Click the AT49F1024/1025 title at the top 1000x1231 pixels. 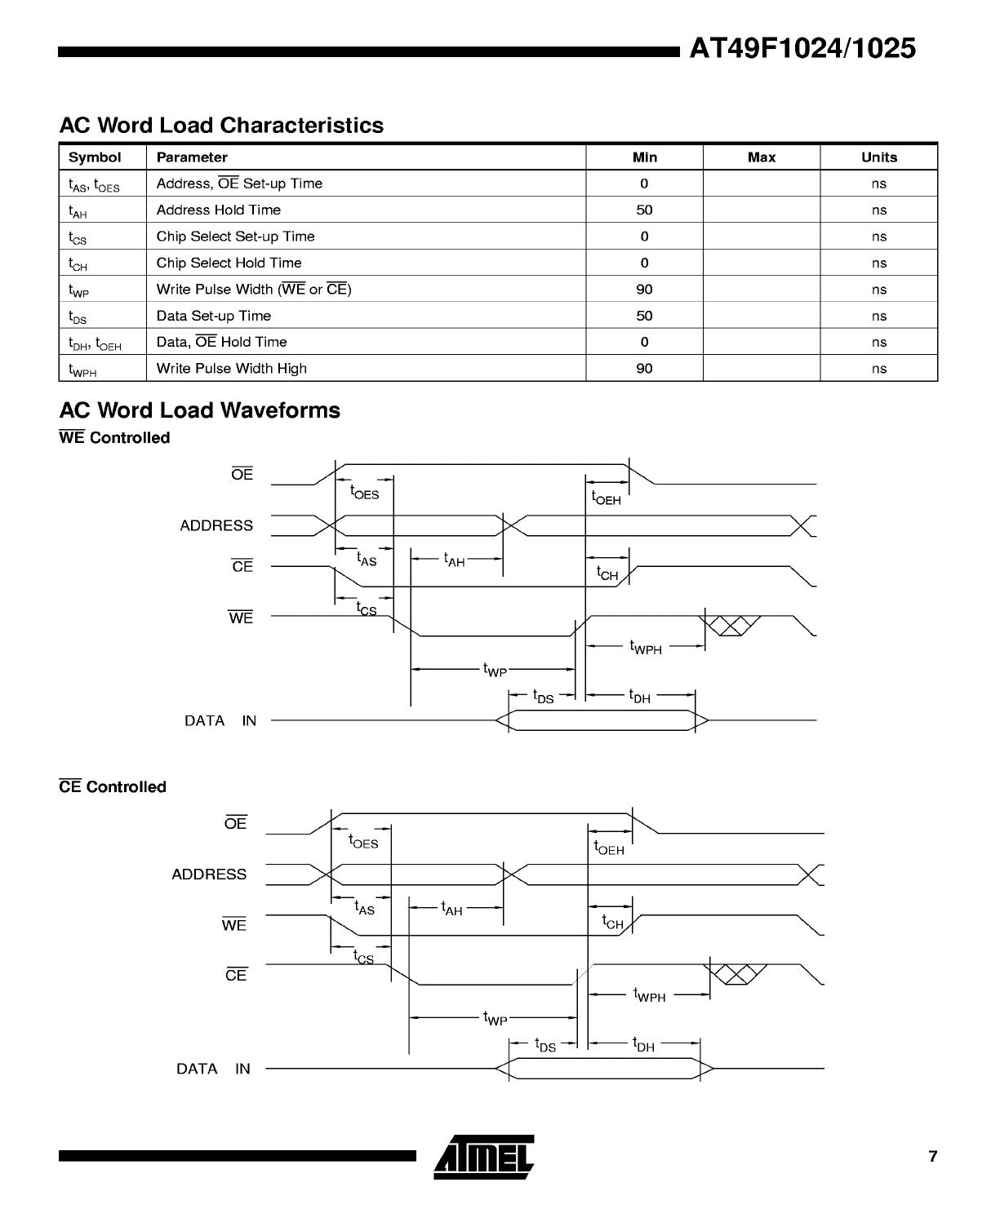(802, 49)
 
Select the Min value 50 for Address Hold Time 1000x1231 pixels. (644, 210)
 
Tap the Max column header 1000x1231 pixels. (761, 157)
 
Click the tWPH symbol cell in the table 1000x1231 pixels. (82, 370)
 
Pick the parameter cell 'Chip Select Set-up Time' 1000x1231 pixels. (235, 237)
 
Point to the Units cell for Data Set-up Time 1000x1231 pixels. (878, 316)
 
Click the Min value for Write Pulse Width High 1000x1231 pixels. (644, 369)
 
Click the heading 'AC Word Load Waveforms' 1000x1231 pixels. (200, 410)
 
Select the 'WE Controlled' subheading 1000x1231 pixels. (114, 438)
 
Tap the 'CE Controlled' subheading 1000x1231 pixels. (113, 787)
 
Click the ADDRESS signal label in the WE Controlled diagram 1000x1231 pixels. (216, 525)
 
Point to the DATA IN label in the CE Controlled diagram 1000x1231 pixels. (213, 1069)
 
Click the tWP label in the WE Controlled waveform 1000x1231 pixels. (495, 670)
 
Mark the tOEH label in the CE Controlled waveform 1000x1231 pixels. (609, 848)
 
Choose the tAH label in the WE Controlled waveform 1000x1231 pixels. (454, 560)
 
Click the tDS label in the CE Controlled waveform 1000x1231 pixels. (544, 1045)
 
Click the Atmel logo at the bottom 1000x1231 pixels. (484, 1157)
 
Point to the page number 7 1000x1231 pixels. (933, 1156)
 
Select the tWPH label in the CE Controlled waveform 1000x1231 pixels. (649, 995)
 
